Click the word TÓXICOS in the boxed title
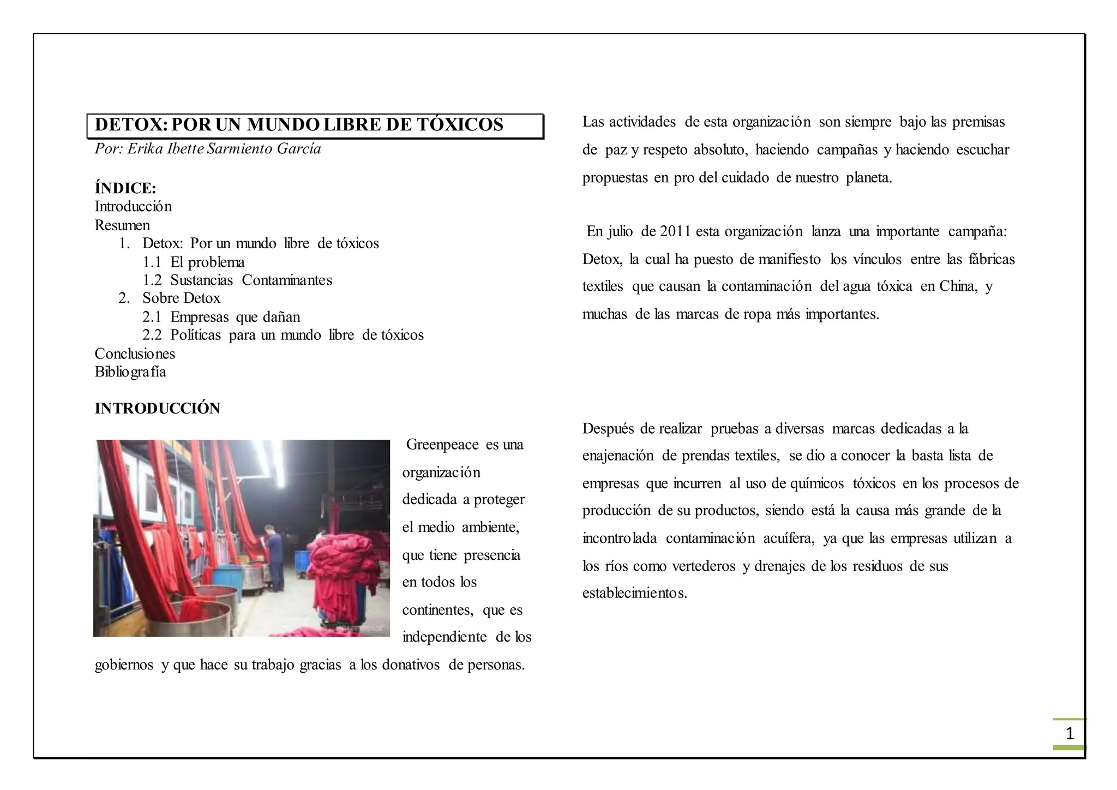click(460, 125)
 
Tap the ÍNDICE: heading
click(125, 188)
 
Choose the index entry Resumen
click(122, 225)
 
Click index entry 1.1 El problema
click(194, 262)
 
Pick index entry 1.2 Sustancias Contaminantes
click(237, 280)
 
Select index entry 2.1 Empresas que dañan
click(221, 317)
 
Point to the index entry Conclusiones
click(135, 354)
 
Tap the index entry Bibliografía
click(130, 372)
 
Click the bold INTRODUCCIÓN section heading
click(157, 409)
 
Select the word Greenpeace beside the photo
click(442, 445)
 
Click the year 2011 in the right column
click(675, 231)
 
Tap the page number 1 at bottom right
click(1070, 734)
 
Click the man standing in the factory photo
click(273, 556)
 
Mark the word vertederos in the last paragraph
click(704, 566)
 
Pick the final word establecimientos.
click(634, 593)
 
